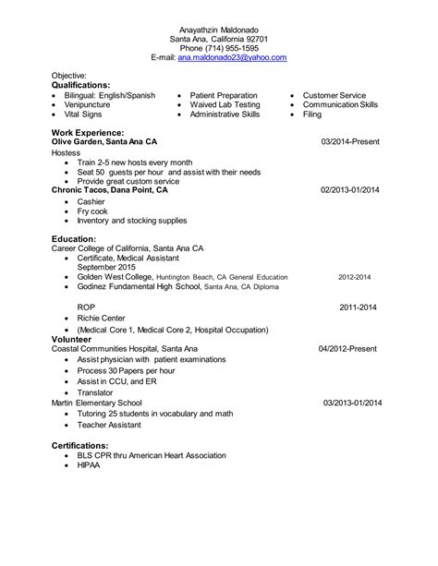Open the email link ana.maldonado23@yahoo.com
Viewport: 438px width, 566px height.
pos(232,57)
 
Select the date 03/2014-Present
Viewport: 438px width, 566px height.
pos(351,143)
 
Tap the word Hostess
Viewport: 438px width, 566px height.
pos(67,153)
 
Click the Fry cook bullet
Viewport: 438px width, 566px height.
pos(93,211)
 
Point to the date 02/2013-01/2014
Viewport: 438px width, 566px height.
pos(350,189)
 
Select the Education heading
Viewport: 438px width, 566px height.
pos(75,239)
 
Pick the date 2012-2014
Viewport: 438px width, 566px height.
pos(354,277)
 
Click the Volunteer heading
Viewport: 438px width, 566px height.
pos(72,338)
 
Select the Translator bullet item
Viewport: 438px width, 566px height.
pos(98,392)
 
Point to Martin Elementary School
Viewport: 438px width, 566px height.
pos(97,403)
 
